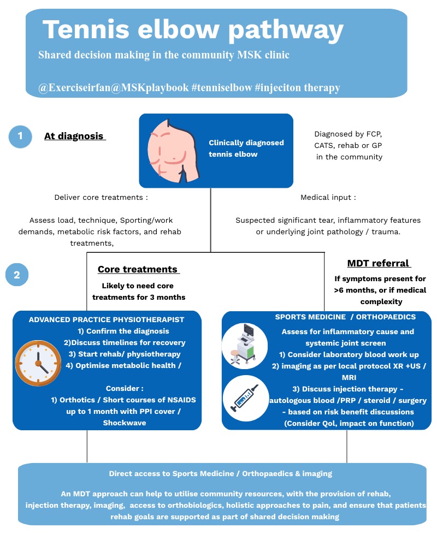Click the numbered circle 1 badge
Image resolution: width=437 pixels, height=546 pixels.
(x=21, y=136)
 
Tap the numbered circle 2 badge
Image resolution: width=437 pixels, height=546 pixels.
(x=17, y=275)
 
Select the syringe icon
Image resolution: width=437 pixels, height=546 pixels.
(x=245, y=397)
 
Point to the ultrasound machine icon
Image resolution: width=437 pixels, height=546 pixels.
(x=245, y=346)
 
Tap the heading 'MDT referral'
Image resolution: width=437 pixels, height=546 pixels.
(x=379, y=263)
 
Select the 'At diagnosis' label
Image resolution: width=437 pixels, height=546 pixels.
(x=74, y=136)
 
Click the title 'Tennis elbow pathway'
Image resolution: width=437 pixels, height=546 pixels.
(x=193, y=29)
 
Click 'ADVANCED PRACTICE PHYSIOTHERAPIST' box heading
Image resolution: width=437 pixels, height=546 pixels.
(x=107, y=319)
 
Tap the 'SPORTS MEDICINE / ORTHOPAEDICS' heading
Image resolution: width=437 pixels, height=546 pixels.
(x=346, y=317)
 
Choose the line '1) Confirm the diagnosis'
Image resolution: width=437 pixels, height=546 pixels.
(x=123, y=331)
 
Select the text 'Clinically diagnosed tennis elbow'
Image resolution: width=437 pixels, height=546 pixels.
(x=246, y=148)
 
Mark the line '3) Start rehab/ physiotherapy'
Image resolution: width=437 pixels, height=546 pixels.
(x=129, y=354)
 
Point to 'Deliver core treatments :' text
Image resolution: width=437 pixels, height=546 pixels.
(x=101, y=197)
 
